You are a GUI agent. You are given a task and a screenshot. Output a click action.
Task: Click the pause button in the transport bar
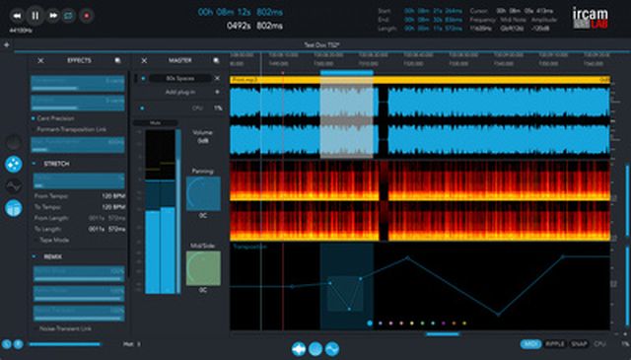(35, 15)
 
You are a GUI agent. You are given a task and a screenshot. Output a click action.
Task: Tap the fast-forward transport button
(52, 15)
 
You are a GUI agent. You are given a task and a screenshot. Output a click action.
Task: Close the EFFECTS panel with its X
(40, 61)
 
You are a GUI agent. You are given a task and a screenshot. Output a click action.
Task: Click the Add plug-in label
(179, 91)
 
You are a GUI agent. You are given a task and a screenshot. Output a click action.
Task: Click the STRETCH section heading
(56, 164)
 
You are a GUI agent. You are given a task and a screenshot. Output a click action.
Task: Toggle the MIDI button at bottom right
(530, 344)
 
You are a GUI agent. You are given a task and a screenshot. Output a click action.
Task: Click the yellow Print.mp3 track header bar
(414, 78)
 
